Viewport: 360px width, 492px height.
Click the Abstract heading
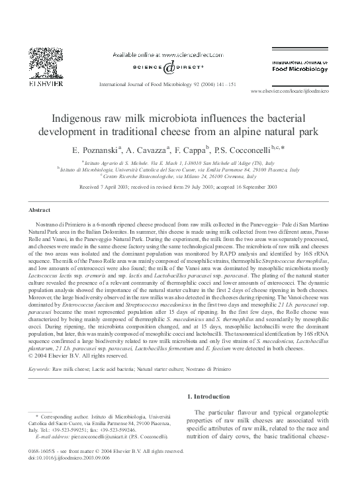(x=40, y=209)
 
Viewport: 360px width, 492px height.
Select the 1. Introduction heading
(x=214, y=397)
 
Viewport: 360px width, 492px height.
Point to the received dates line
(x=179, y=187)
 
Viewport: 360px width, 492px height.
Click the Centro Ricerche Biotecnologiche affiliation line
(x=179, y=176)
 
